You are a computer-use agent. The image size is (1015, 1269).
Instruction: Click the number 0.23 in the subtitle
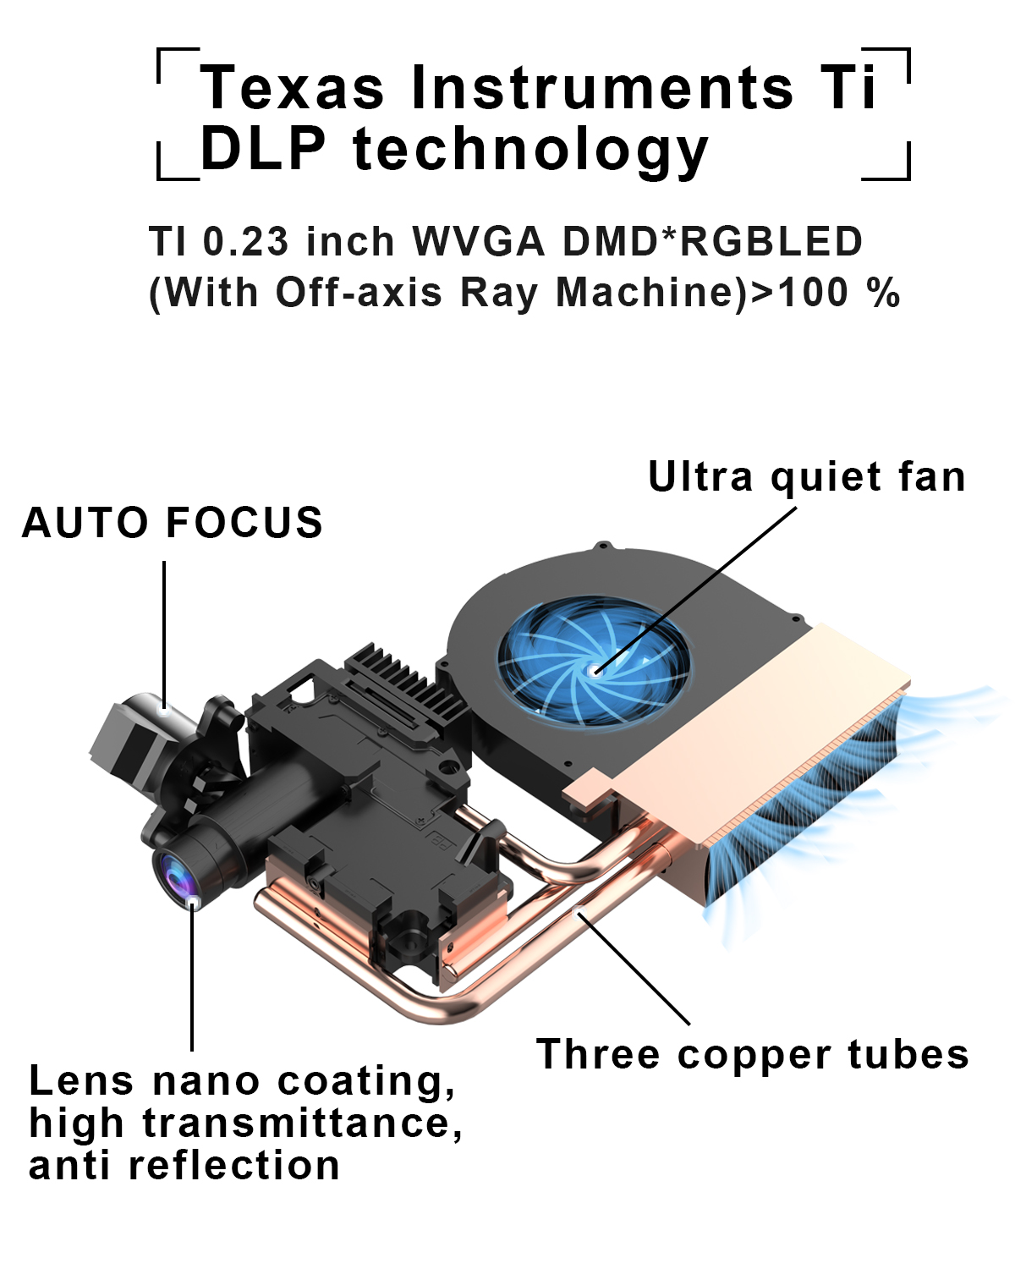[x=246, y=241]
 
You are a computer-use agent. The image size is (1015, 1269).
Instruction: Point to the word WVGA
[x=478, y=241]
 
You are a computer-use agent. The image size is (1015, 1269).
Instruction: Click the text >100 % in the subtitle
[x=825, y=292]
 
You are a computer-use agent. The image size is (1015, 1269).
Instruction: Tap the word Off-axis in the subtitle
[x=359, y=292]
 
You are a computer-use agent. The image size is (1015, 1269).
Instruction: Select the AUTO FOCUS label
[x=173, y=523]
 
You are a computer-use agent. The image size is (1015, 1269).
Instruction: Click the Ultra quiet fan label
[x=806, y=476]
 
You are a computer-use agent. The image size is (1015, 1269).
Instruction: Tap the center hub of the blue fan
[x=595, y=670]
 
